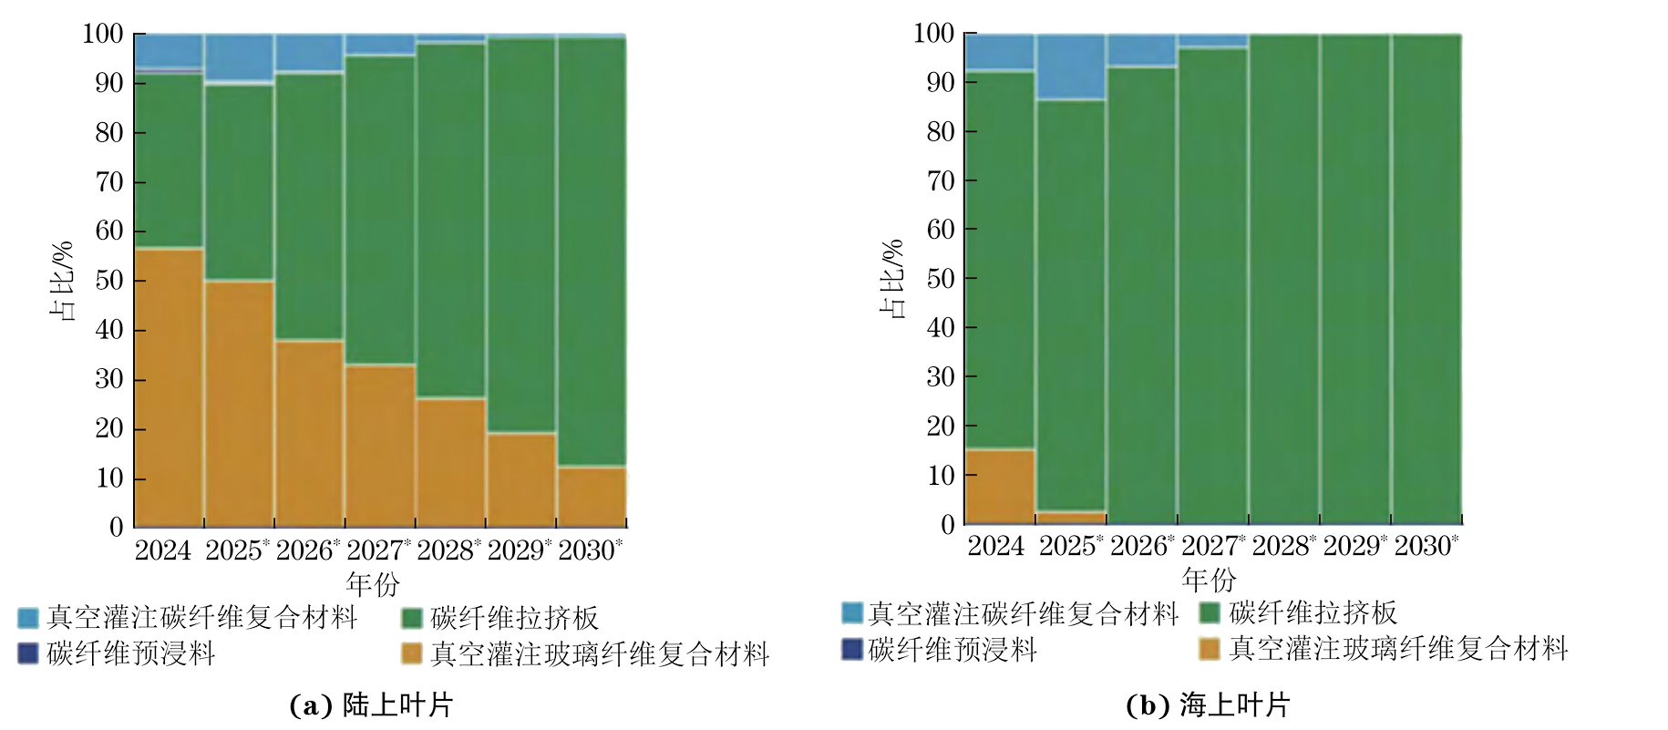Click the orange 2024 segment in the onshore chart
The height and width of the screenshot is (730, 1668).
pos(169,387)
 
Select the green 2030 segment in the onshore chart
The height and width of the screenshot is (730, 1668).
pos(592,251)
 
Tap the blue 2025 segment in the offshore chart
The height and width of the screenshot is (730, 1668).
pos(1071,67)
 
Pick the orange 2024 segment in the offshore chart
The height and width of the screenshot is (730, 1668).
pos(1000,486)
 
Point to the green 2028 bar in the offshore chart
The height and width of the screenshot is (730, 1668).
pos(1284,278)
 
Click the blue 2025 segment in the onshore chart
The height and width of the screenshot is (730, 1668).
pos(239,57)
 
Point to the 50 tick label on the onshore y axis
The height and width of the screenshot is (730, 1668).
pos(108,280)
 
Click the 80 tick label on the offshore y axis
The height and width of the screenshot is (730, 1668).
pos(940,131)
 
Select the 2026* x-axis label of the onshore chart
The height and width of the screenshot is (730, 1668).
pos(307,550)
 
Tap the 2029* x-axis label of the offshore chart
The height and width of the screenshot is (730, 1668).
pos(1354,546)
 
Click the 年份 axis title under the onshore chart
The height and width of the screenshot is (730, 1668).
pos(373,583)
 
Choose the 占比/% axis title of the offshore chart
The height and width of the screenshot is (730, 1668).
pos(892,279)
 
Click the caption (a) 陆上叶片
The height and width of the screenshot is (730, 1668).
pos(370,704)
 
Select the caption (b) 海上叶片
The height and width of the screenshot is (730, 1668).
pos(1208,704)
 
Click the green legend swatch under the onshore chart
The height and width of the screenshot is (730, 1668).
pos(412,618)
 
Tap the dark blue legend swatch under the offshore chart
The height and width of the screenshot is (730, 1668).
pos(851,649)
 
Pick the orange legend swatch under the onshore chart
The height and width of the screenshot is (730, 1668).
pos(412,653)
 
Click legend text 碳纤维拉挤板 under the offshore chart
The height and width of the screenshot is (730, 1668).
pos(1312,612)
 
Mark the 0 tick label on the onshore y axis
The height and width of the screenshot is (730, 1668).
pos(116,527)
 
